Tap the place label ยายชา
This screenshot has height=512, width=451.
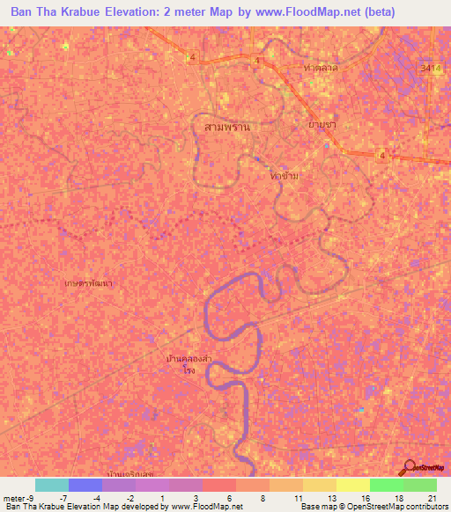322,125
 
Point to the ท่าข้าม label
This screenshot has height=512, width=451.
285,176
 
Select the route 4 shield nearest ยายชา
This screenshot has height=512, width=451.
382,156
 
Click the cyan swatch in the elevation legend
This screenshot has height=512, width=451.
51,485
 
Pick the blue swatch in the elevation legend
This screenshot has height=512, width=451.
85,485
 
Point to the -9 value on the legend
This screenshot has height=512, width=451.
32,497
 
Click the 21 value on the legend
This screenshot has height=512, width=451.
431,497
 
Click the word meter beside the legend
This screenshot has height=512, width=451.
14,497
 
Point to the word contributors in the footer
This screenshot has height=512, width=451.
425,507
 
